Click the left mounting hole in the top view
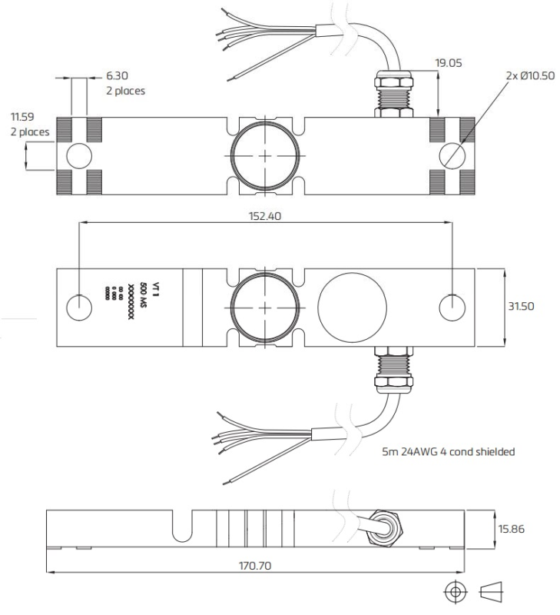[78, 155]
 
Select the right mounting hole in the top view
[452, 155]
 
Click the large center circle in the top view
[266, 155]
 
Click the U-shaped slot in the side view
[182, 527]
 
